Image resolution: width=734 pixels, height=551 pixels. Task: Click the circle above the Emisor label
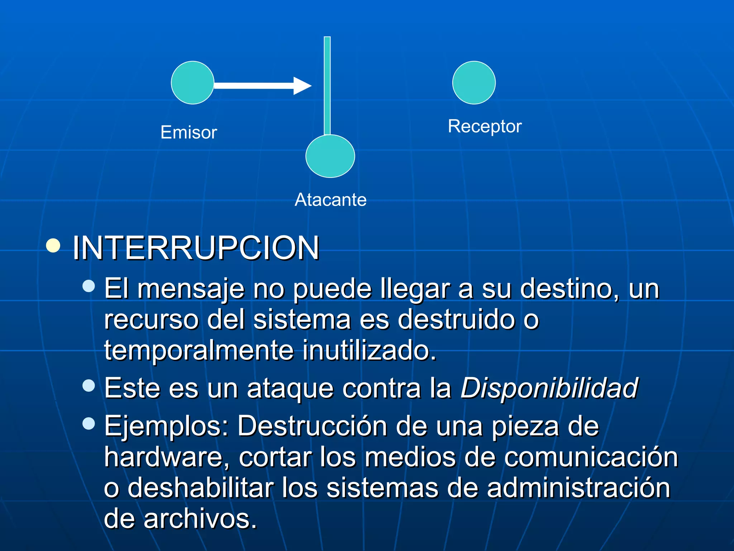pos(192,83)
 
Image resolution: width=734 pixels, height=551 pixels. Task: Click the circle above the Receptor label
pos(474,83)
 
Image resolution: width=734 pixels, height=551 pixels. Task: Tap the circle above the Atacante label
pos(330,156)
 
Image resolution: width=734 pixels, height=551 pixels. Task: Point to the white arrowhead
pos(302,86)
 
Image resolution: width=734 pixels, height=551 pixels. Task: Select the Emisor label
pos(189,132)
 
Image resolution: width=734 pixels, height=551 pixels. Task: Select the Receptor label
pos(485,126)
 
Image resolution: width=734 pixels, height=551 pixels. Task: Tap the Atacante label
pos(330,200)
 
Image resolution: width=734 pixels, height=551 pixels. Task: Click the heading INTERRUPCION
pos(196,248)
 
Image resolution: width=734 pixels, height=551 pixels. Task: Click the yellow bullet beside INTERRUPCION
pos(53,246)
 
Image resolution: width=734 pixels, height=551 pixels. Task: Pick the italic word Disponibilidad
pos(549,388)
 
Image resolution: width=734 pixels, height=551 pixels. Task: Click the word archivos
pos(200,519)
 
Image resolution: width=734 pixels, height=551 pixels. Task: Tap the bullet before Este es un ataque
pos(89,386)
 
